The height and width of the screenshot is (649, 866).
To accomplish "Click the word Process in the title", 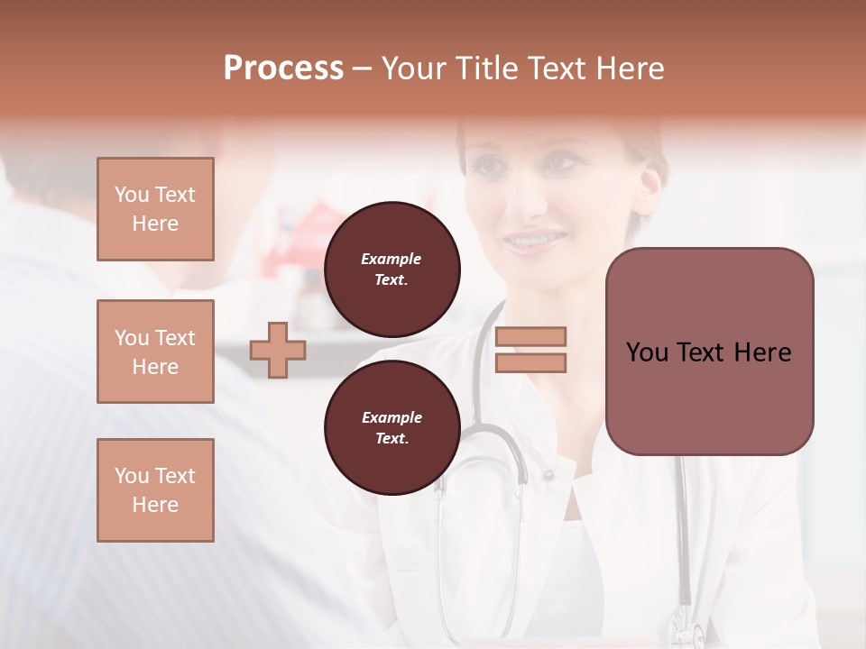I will click(x=283, y=69).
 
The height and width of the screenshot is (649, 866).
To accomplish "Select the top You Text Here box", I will click(x=155, y=209).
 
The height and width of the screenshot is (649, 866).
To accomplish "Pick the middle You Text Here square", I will click(x=155, y=352).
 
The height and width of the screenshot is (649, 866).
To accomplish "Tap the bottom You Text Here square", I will click(x=155, y=490).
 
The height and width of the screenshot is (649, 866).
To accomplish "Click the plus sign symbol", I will click(x=278, y=350).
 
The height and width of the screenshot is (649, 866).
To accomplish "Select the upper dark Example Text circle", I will click(x=392, y=270).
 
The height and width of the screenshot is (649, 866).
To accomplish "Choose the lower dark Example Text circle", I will click(x=392, y=428).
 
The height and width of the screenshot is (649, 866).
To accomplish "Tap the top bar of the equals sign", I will click(x=531, y=336).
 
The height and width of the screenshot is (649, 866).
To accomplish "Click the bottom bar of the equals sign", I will click(x=531, y=362).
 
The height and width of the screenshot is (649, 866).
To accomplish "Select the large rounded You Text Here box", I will click(x=709, y=352).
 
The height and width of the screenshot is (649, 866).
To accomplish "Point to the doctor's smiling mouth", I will click(x=533, y=242).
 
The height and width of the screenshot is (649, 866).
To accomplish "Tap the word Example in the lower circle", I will click(x=392, y=417).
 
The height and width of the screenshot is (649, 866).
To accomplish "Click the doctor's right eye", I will click(x=488, y=166).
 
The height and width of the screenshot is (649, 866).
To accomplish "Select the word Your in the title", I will click(x=414, y=69).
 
